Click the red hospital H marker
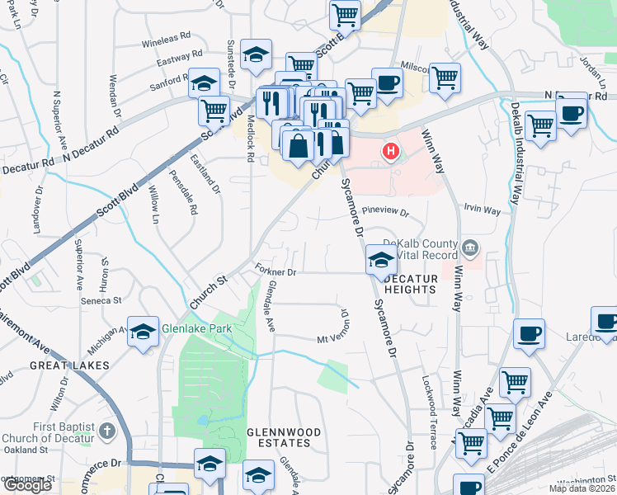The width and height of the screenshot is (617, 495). pos(391,153)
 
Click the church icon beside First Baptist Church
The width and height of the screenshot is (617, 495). pos(107,431)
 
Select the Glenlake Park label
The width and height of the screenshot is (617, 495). pos(197,328)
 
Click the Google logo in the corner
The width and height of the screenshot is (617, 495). pos(27,485)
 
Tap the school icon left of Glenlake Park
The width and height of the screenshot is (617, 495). pos(144,332)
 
